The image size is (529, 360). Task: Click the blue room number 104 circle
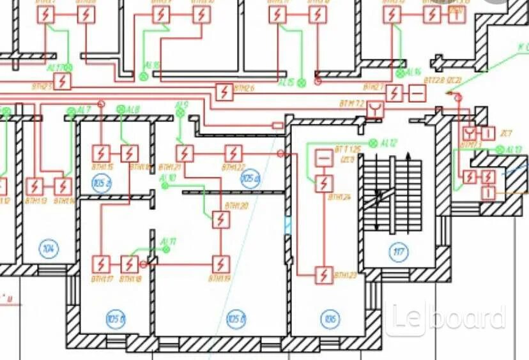click(x=47, y=248)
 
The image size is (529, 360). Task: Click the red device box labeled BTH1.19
click(x=220, y=264)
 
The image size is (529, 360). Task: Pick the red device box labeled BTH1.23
click(x=325, y=275)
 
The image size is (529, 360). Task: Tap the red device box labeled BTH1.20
click(x=220, y=220)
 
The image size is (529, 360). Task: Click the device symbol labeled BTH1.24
click(x=325, y=183)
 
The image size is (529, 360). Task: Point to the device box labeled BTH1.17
click(x=101, y=264)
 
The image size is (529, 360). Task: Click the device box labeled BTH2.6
click(x=224, y=93)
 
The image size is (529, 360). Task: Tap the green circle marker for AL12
click(x=374, y=142)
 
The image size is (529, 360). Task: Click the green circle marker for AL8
click(x=121, y=110)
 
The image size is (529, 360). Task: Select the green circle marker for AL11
click(x=166, y=249)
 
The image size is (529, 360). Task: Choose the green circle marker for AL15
click(x=302, y=83)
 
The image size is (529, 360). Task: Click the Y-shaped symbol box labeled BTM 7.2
click(x=375, y=110)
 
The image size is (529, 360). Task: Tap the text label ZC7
click(x=506, y=133)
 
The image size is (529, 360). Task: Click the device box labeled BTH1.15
click(x=101, y=153)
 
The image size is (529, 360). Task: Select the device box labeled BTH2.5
click(x=62, y=81)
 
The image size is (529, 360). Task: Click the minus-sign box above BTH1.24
click(x=324, y=157)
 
